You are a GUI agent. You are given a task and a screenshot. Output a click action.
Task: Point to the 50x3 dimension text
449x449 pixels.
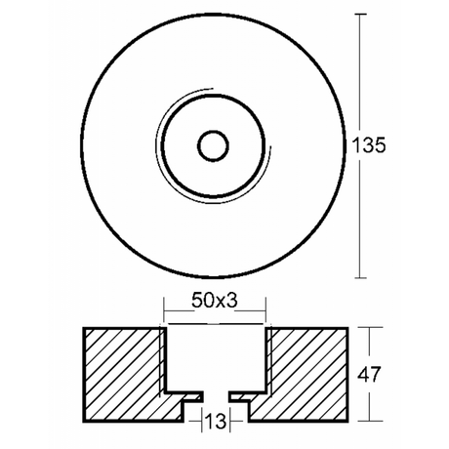216,301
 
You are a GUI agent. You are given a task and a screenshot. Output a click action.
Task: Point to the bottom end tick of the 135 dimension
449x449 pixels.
364,276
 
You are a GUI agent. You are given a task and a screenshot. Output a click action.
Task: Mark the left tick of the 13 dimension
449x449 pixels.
202,421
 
